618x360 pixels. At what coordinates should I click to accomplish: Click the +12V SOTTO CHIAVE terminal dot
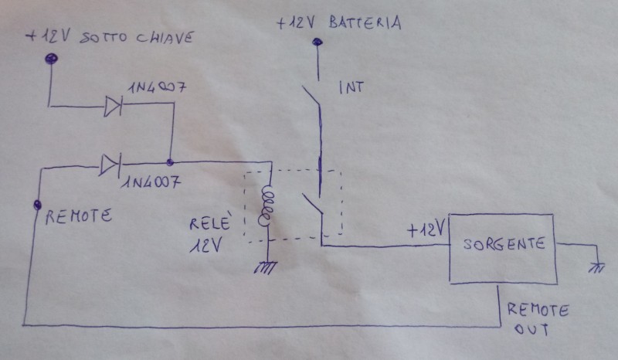coord(51,59)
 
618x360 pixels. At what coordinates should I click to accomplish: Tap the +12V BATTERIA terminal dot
coord(317,42)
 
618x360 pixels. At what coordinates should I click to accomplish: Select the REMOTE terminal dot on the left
coord(37,205)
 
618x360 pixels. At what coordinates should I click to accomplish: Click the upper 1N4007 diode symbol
coord(113,107)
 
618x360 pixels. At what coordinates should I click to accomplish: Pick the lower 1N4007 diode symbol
coord(110,165)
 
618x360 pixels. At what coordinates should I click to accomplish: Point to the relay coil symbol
coord(266,205)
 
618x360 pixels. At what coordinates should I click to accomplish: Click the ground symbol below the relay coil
coord(265,268)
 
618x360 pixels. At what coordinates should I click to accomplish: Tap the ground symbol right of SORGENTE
coord(596,268)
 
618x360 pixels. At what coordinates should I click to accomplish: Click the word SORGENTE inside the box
coord(504,244)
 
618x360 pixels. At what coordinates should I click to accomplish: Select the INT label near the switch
coord(351,87)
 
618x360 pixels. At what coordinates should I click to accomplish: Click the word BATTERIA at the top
coord(365,23)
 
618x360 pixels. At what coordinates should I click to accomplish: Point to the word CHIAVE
coord(165,37)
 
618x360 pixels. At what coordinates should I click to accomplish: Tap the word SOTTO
coord(104,38)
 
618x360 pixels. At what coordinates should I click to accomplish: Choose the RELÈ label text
coord(209,222)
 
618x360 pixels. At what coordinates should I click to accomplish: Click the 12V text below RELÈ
coord(205,245)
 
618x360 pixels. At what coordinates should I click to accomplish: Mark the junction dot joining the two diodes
coord(170,161)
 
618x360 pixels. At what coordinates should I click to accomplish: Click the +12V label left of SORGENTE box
coord(426,229)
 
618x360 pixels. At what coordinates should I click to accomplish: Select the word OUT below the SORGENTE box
coord(531,329)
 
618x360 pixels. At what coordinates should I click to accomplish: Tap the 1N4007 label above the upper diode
coord(158,87)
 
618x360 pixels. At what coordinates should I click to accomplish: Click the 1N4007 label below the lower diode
coord(151,182)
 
